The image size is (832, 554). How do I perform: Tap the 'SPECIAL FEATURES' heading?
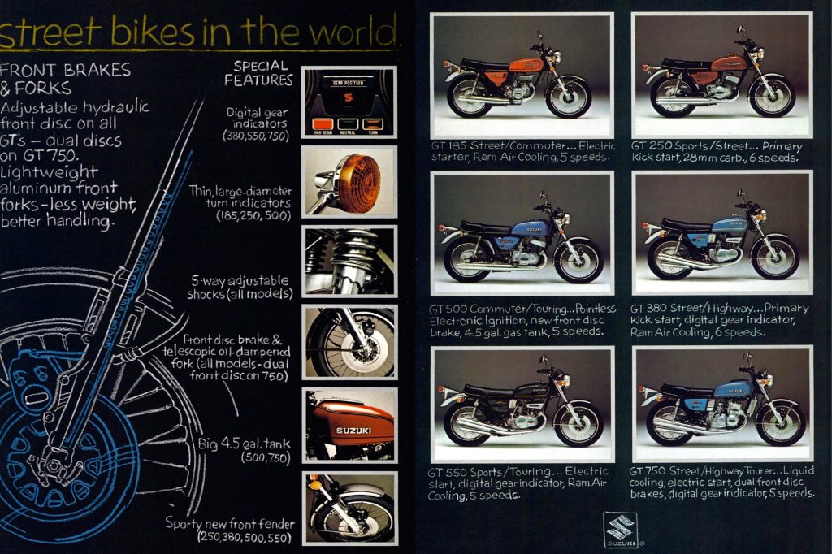point(258,73)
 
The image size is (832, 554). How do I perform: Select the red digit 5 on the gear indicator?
point(348,97)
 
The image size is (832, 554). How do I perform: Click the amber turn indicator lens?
point(359,182)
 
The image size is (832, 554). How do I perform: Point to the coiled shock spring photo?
point(349,261)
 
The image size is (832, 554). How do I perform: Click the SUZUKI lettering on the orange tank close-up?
point(353,431)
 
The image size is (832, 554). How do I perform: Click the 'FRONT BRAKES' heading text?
point(65,70)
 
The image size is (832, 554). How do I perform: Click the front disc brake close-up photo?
point(349,342)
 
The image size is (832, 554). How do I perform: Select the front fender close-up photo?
point(349,509)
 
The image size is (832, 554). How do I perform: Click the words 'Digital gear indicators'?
point(258,118)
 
